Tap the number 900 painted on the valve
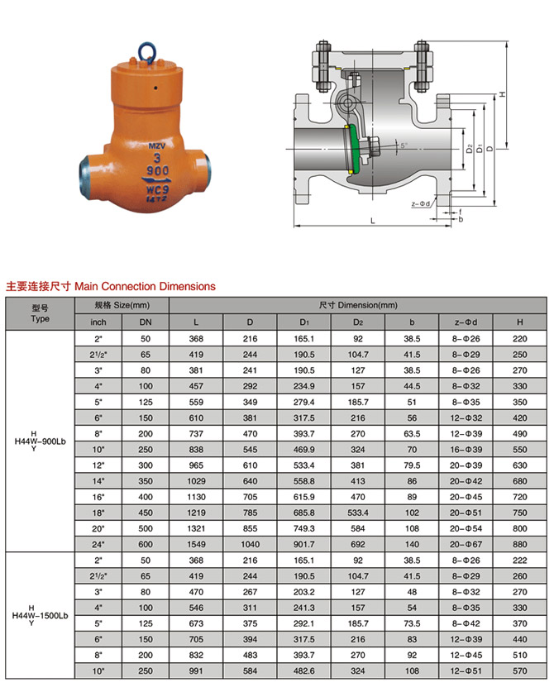[x=157, y=170]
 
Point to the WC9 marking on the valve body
[x=157, y=189]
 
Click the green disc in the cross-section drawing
[x=354, y=149]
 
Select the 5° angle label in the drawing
[x=404, y=145]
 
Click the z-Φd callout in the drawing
[x=420, y=203]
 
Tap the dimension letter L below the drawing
[x=373, y=221]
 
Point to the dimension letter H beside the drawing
[x=502, y=94]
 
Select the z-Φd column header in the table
[x=466, y=322]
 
